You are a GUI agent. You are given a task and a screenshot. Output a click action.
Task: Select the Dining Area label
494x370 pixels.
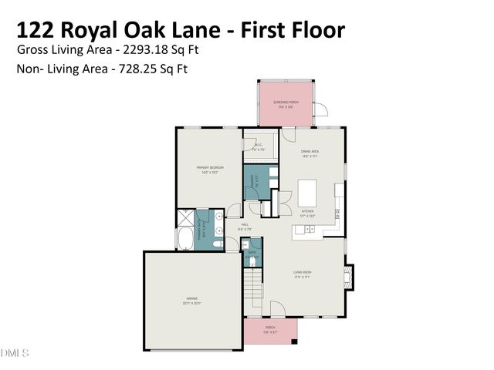click(310, 153)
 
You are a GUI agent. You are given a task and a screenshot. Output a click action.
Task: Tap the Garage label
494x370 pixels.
click(191, 299)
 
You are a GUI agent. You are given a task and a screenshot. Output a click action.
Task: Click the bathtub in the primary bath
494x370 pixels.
click(186, 239)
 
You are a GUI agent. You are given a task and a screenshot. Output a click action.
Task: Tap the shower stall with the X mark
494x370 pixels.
click(185, 216)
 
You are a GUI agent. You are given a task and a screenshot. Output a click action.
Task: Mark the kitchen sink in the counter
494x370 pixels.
click(309, 229)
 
